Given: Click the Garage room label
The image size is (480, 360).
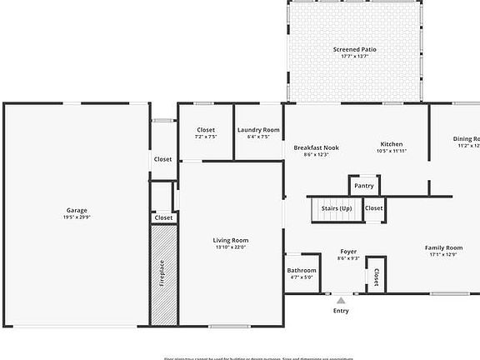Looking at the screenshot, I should (x=77, y=210).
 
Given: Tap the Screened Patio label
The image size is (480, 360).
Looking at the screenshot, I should (x=355, y=50).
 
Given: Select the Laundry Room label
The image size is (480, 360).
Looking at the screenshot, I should (x=258, y=130).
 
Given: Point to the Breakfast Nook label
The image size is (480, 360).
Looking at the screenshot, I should (x=316, y=147).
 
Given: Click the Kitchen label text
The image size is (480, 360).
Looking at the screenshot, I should (x=392, y=144).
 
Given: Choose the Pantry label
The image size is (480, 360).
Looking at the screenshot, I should (x=363, y=186).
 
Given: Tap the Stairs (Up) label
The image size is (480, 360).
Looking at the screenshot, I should (x=336, y=207).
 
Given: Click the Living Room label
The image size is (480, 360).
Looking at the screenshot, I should (x=231, y=240).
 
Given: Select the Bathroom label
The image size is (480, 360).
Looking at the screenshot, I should (x=302, y=270).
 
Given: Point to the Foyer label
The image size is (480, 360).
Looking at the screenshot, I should (x=348, y=252).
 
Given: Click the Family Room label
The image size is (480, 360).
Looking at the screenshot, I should (x=443, y=247).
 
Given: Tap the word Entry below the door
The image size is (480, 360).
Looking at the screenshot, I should (x=341, y=311).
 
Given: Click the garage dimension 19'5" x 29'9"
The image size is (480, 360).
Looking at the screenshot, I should (x=77, y=217).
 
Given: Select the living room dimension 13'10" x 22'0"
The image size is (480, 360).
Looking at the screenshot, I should (x=231, y=247).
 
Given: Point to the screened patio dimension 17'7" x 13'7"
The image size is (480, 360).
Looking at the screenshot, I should (x=355, y=57).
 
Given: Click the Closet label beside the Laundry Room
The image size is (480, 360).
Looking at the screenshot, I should (x=206, y=130).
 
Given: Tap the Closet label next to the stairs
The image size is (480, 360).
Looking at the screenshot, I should (x=373, y=208).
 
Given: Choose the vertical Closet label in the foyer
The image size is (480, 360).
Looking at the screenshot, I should (x=376, y=276).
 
